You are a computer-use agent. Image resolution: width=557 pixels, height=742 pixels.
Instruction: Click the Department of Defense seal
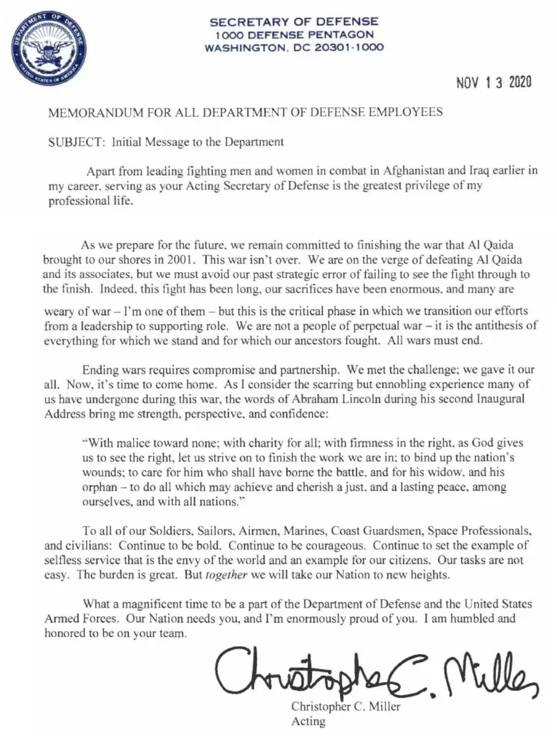[x=48, y=49]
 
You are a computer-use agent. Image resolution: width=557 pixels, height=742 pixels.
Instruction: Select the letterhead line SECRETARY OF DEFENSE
[x=293, y=22]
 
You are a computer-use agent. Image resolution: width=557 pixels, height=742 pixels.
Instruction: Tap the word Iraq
[x=479, y=171]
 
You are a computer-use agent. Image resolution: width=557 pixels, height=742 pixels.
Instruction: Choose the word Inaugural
[x=501, y=399]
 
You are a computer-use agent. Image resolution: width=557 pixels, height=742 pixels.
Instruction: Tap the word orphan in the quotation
[x=100, y=487]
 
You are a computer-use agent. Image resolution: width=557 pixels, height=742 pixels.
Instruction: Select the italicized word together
[x=226, y=575]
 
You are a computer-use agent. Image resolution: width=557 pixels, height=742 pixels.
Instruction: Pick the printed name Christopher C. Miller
[x=346, y=707]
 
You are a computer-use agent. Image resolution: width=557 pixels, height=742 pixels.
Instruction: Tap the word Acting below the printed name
[x=308, y=721]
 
